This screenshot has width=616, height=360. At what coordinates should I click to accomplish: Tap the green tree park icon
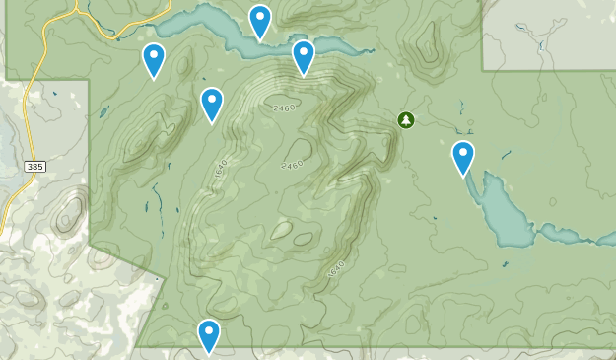406,119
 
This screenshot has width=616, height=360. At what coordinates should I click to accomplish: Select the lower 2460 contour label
291,166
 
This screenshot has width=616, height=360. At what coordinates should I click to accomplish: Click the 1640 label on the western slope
219,170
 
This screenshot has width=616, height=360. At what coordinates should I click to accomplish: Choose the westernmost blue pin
154,60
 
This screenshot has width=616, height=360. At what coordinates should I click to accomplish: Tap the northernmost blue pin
259,21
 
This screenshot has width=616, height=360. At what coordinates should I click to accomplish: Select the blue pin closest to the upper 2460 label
304,57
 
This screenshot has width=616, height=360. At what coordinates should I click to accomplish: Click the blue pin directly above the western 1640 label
212,105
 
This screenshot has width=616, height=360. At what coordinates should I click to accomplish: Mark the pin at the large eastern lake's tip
463,158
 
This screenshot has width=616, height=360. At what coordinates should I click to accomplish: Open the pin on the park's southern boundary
208,336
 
